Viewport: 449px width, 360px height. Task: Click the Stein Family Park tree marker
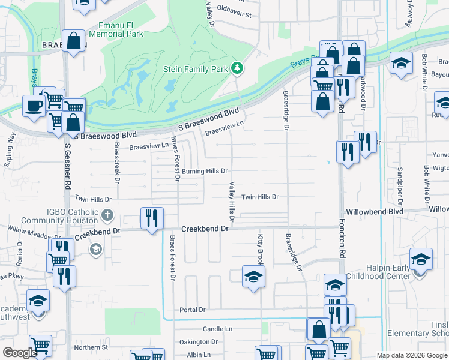pos(238,68)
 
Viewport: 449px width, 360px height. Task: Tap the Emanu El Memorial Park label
pos(122,31)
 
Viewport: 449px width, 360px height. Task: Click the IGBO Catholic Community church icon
pos(107,214)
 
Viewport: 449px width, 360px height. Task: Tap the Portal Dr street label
pos(193,310)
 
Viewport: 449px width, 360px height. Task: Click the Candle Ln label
pos(217,329)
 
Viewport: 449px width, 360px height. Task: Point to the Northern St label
pos(91,347)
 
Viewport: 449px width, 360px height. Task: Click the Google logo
pos(20,353)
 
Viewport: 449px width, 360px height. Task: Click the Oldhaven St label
pos(234,13)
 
